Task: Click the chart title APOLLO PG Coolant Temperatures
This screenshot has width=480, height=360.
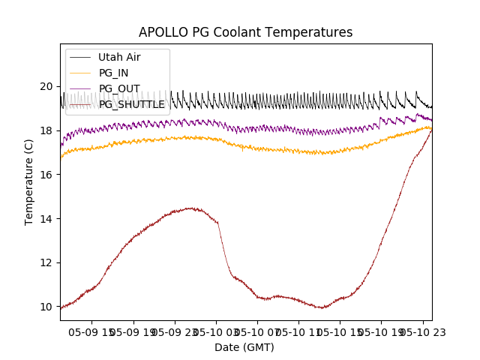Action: [245, 32]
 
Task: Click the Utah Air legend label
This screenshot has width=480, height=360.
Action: [119, 57]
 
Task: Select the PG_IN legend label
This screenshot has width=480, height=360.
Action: [113, 73]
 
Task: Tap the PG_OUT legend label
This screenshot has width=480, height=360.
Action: [118, 88]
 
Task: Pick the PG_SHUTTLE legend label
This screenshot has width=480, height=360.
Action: [131, 104]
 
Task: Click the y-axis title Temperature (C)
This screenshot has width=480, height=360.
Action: [29, 181]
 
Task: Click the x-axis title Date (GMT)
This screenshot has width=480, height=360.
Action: [244, 347]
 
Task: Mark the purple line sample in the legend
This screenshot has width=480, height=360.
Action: [79, 88]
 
